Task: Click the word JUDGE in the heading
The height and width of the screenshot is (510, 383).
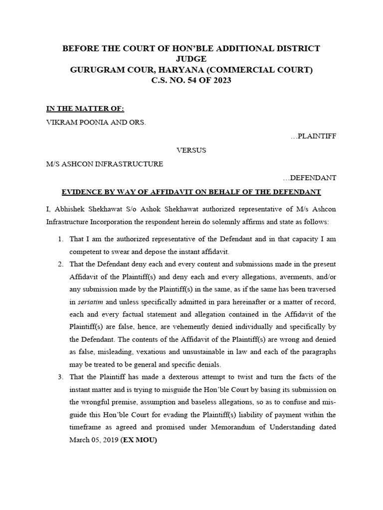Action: (x=191, y=59)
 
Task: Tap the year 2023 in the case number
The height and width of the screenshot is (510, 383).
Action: (x=220, y=81)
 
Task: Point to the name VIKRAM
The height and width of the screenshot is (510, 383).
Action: (x=61, y=123)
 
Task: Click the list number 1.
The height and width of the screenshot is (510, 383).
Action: (x=60, y=240)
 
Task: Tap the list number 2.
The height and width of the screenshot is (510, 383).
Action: (x=60, y=264)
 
